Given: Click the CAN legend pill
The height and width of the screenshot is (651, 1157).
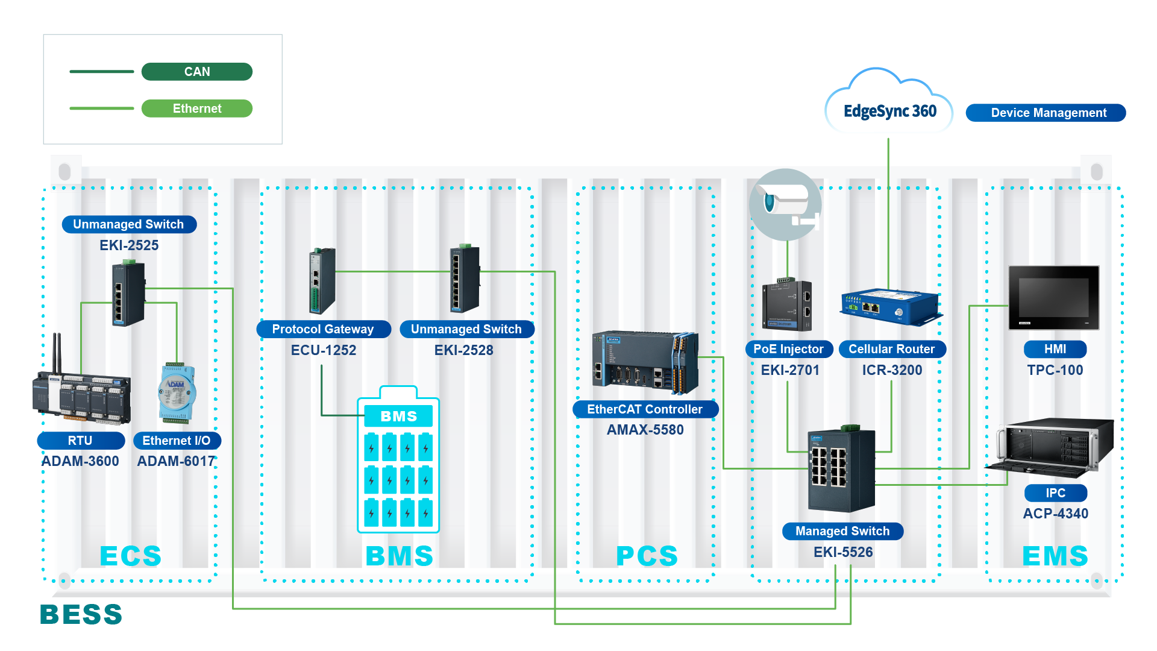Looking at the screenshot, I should pos(197,72).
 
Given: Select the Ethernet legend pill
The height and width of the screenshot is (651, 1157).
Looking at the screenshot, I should pos(197,108).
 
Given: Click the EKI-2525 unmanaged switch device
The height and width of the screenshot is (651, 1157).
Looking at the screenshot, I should pos(128,294).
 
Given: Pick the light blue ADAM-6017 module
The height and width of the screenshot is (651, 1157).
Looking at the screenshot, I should pos(177,392).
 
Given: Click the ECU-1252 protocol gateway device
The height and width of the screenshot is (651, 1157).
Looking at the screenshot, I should pos(322,281).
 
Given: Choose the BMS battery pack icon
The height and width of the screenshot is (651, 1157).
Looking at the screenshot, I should pos(398,461).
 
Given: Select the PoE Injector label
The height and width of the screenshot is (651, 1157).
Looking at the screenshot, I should pos(789,349).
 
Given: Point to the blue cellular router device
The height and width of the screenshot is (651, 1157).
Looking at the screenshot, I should pos(891,307).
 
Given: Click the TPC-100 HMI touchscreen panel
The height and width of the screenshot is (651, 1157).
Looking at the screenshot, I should pos(1054,298).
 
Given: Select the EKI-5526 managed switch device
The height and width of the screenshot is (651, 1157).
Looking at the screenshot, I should pos(841,470).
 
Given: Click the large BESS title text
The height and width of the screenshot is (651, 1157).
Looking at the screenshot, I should pos(81,615).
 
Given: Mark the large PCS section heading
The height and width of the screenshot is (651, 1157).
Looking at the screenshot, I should pos(647,556).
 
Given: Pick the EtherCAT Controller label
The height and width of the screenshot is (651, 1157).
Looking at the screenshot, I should pos(645,409).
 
